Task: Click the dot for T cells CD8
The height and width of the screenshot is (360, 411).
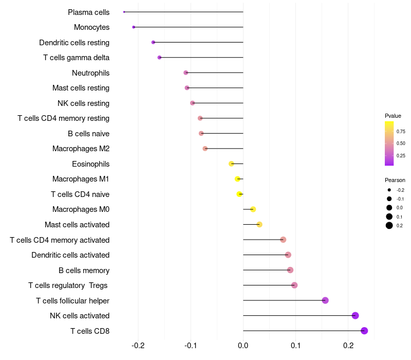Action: click(364, 331)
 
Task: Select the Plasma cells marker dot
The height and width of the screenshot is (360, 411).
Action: click(124, 12)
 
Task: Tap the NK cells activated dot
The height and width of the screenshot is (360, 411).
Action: click(355, 316)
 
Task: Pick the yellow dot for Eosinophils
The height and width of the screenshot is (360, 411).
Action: click(231, 164)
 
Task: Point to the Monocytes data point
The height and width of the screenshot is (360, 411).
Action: click(134, 27)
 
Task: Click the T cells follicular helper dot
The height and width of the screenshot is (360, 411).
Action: click(325, 300)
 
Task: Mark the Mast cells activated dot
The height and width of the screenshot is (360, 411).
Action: click(259, 225)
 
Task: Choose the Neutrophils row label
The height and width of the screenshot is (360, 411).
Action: click(90, 73)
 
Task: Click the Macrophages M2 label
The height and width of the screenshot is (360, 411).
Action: click(81, 149)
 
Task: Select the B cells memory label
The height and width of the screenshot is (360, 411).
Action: click(84, 271)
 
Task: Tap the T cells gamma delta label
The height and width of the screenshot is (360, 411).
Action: click(76, 58)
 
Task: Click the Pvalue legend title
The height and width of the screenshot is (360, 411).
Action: click(393, 116)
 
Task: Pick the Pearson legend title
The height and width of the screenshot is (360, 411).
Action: click(395, 180)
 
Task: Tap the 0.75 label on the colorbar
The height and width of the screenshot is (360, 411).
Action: click(401, 132)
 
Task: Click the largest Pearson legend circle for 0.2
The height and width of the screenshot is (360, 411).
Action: click(389, 225)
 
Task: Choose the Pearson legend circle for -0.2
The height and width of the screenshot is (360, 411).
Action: click(389, 190)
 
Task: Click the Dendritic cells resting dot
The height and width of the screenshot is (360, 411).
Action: click(153, 42)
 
